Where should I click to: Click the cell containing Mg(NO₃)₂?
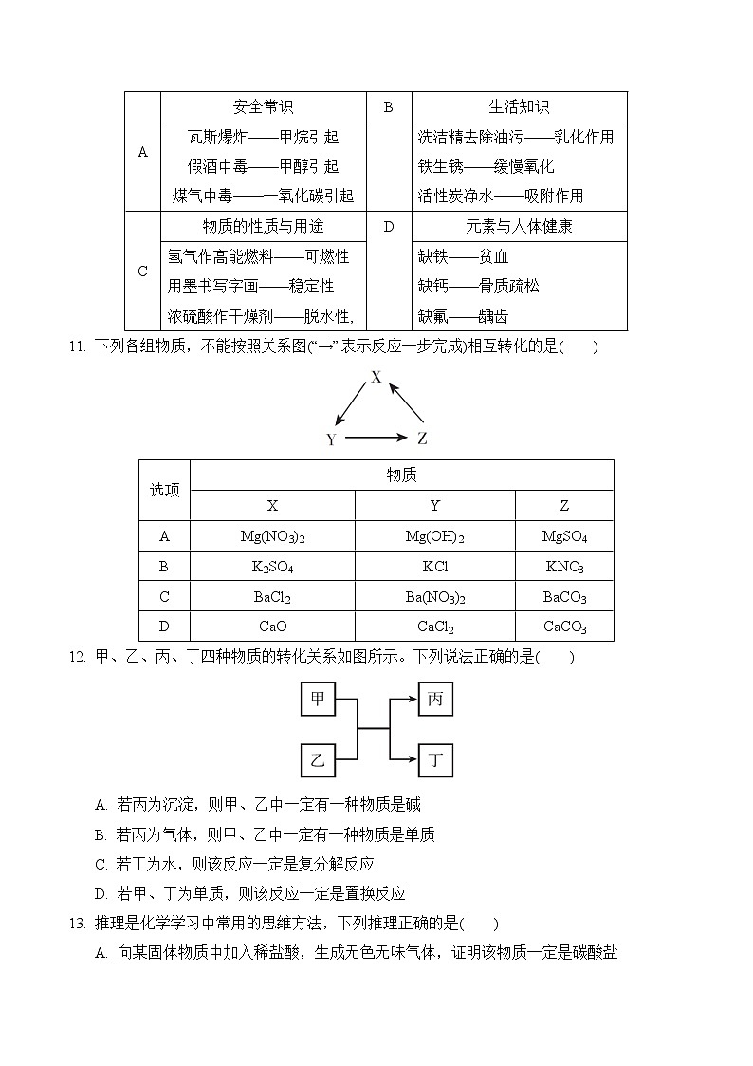[x=272, y=536]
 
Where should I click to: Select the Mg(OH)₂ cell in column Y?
[x=434, y=536]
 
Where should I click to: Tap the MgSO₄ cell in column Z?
[x=564, y=536]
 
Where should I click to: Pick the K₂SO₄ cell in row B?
[x=272, y=567]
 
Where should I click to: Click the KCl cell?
[x=434, y=567]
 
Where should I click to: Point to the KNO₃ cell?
[x=564, y=567]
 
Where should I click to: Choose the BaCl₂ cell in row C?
[x=272, y=597]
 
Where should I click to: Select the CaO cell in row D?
[x=272, y=627]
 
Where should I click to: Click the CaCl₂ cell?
[x=434, y=627]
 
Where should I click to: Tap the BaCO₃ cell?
[x=564, y=597]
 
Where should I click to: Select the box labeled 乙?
[x=318, y=759]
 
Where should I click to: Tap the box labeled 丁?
[x=435, y=759]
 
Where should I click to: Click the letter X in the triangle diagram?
[x=376, y=377]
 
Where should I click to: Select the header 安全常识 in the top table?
[x=263, y=107]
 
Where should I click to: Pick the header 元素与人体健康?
[x=519, y=227]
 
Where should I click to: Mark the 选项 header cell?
[x=164, y=490]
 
